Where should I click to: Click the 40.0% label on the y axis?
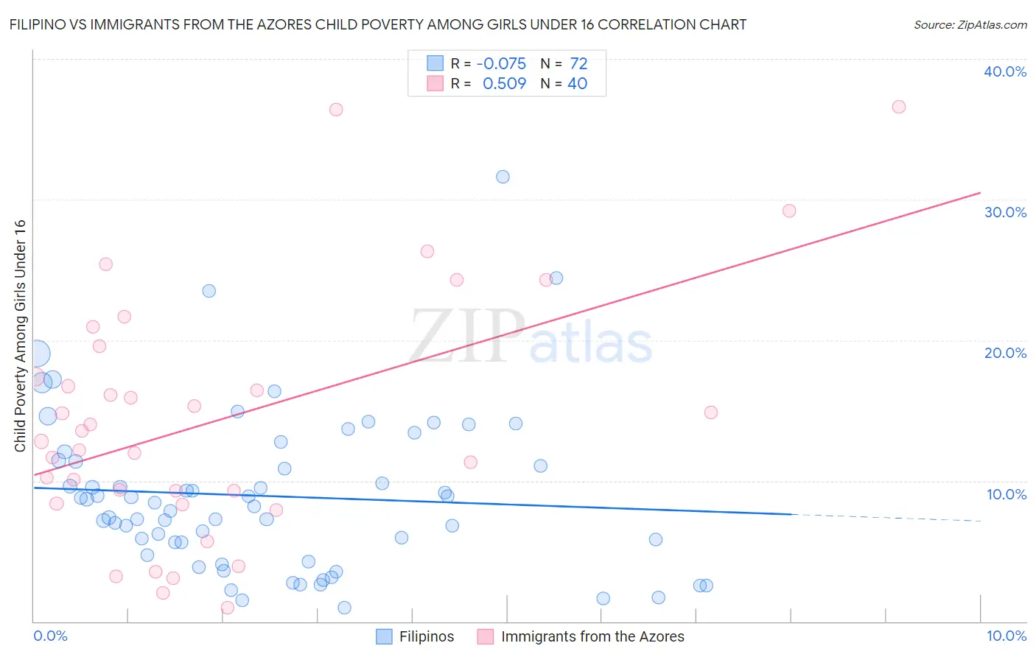coord(1005,71)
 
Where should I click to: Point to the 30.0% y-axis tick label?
coord(1005,212)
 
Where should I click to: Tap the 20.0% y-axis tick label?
coord(1005,353)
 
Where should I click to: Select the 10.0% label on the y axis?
coord(1007,494)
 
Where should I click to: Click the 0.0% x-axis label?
coord(50,636)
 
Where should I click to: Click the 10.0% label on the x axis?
coord(1006,636)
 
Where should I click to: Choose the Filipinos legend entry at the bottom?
coord(416,636)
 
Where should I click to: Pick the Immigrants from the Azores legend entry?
coord(581,636)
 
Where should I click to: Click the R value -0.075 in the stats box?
coord(501,64)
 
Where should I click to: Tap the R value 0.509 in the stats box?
coord(504,84)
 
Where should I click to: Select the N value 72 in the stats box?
coord(578,64)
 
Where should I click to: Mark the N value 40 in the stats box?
coord(577,84)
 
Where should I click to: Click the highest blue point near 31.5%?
coord(503,177)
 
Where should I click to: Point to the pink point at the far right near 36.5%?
coord(898,107)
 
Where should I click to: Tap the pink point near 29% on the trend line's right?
coord(789,211)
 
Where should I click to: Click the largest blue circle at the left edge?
coord(37,354)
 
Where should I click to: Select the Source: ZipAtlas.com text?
coord(970,25)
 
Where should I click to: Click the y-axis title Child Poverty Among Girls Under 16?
coord(20,336)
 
